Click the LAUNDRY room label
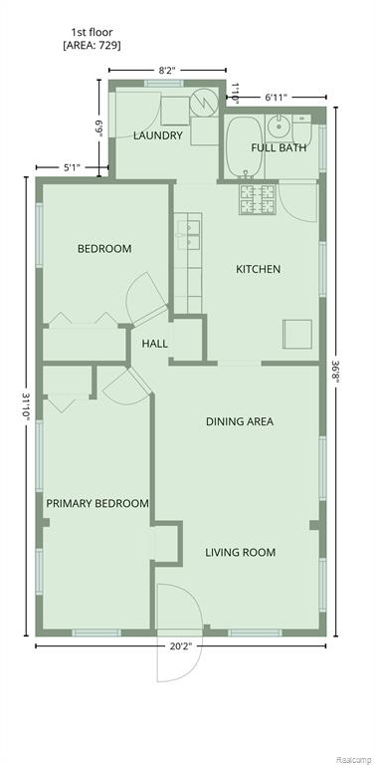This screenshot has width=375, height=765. point(158,135)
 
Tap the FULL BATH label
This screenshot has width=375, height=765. point(279,147)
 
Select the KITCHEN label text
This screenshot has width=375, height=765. point(258,269)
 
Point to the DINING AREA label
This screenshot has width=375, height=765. point(240,421)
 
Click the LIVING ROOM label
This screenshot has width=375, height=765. point(240,552)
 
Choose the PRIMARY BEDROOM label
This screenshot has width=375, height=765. point(97,503)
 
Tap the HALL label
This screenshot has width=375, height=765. point(155,344)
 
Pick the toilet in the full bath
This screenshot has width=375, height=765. point(302,129)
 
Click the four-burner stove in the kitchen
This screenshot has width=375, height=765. point(258,199)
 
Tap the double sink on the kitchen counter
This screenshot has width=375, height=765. point(188,235)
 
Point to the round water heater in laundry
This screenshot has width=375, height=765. point(204,102)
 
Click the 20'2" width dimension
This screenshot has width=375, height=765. point(181,646)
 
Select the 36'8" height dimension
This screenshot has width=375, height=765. point(336,373)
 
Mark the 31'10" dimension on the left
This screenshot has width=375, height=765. point(26,406)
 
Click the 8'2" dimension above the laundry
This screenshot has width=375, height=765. point(167,70)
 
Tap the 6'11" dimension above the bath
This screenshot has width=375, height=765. point(277,97)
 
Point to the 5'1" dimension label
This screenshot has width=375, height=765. point(72,167)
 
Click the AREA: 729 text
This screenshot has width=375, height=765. point(93,47)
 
